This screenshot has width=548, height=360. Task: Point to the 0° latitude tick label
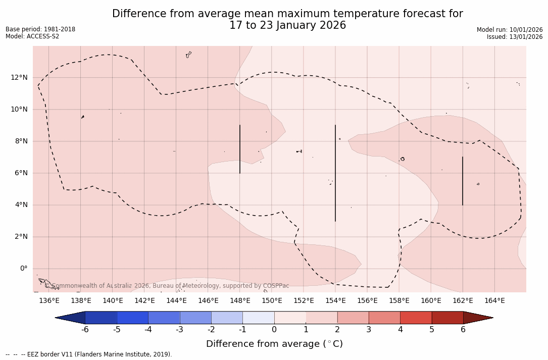pos(23,268)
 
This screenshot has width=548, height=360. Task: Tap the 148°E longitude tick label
pos(240,300)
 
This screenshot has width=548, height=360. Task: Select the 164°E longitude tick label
pos(494,300)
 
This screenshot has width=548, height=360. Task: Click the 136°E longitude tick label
pos(49,300)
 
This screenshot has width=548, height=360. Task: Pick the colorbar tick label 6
pos(463,330)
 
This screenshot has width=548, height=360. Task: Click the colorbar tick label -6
pos(85,330)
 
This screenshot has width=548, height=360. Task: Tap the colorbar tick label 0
pos(274,330)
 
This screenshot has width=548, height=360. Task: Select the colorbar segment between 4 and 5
pos(416,318)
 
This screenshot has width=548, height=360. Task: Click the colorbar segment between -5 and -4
pos(132,318)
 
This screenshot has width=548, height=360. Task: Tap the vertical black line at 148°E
pos(240,149)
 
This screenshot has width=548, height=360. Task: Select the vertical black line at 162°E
pos(463,181)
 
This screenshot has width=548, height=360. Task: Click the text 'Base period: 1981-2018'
pos(40,29)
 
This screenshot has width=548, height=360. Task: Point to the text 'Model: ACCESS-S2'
pos(32,36)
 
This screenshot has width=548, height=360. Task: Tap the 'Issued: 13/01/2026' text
pos(515,37)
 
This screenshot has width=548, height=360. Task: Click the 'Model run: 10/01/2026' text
pos(510,30)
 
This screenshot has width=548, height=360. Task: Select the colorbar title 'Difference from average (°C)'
pos(274,344)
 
